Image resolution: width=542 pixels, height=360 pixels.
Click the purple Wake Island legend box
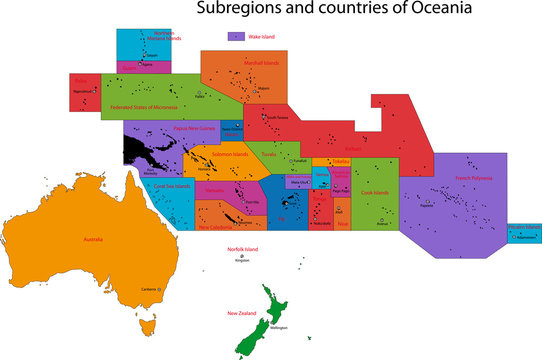point(235,36)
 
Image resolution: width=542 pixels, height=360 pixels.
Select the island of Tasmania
point(147,324)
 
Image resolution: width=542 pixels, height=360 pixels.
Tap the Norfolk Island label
point(243,248)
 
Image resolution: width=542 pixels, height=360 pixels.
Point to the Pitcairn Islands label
point(524,228)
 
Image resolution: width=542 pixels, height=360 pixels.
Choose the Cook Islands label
point(376,192)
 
